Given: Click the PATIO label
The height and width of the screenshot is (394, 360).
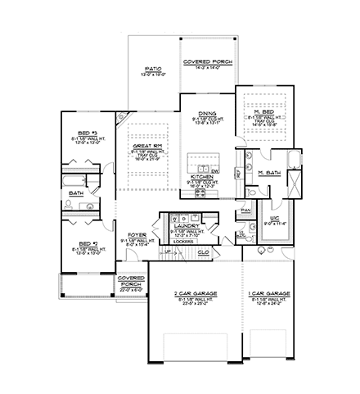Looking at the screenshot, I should point(151,70).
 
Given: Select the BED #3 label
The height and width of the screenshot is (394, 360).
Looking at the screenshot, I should point(88,132).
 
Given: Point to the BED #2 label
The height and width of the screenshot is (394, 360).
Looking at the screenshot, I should point(88,243).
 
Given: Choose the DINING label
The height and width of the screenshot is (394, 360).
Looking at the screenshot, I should point(206,115).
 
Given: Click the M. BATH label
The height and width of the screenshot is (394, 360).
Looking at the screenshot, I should point(271,173).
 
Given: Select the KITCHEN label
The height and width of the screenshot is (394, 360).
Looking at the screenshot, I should point(202,176).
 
